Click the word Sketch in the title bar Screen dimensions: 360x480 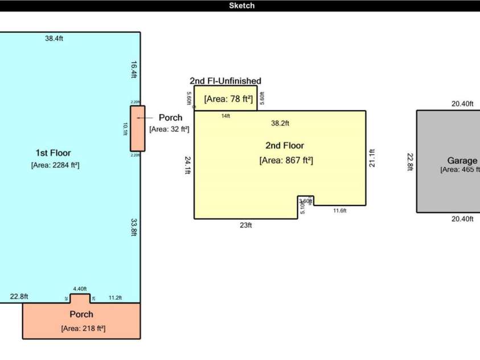tap(241, 6)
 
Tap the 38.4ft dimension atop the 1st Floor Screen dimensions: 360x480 tap(54, 39)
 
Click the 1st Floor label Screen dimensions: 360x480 tap(53, 153)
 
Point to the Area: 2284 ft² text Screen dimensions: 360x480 tap(55, 165)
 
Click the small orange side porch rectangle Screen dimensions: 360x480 tap(138, 128)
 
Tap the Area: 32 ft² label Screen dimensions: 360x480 tap(169, 129)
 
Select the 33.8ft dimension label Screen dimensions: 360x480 tap(133, 227)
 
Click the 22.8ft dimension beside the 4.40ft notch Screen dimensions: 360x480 tap(19, 296)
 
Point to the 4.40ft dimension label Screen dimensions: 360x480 tap(80, 289)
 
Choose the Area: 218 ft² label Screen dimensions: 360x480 tap(83, 328)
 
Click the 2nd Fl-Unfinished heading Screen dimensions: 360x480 tap(225, 81)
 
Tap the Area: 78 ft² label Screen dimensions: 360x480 tap(228, 99)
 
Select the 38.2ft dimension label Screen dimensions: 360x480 tap(280, 122)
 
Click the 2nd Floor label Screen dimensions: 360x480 tap(285, 145)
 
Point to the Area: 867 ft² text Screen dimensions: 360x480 tap(286, 160)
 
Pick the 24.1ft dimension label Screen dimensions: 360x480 tap(187, 165)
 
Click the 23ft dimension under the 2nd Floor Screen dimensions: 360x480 tap(245, 225)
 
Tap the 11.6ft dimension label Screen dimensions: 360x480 tap(339, 211)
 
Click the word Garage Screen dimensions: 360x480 tap(462, 161)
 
